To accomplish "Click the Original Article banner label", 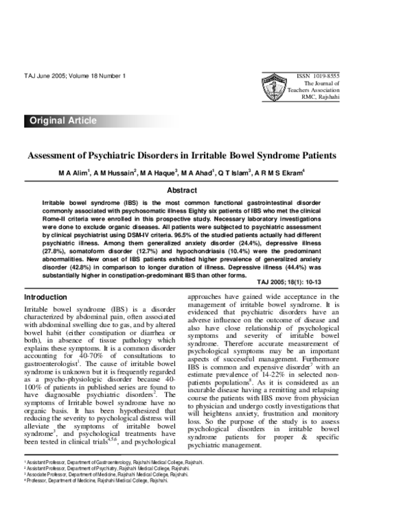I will click(x=62, y=121).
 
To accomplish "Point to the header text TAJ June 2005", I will click(x=44, y=73).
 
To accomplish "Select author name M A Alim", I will click(x=76, y=173).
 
